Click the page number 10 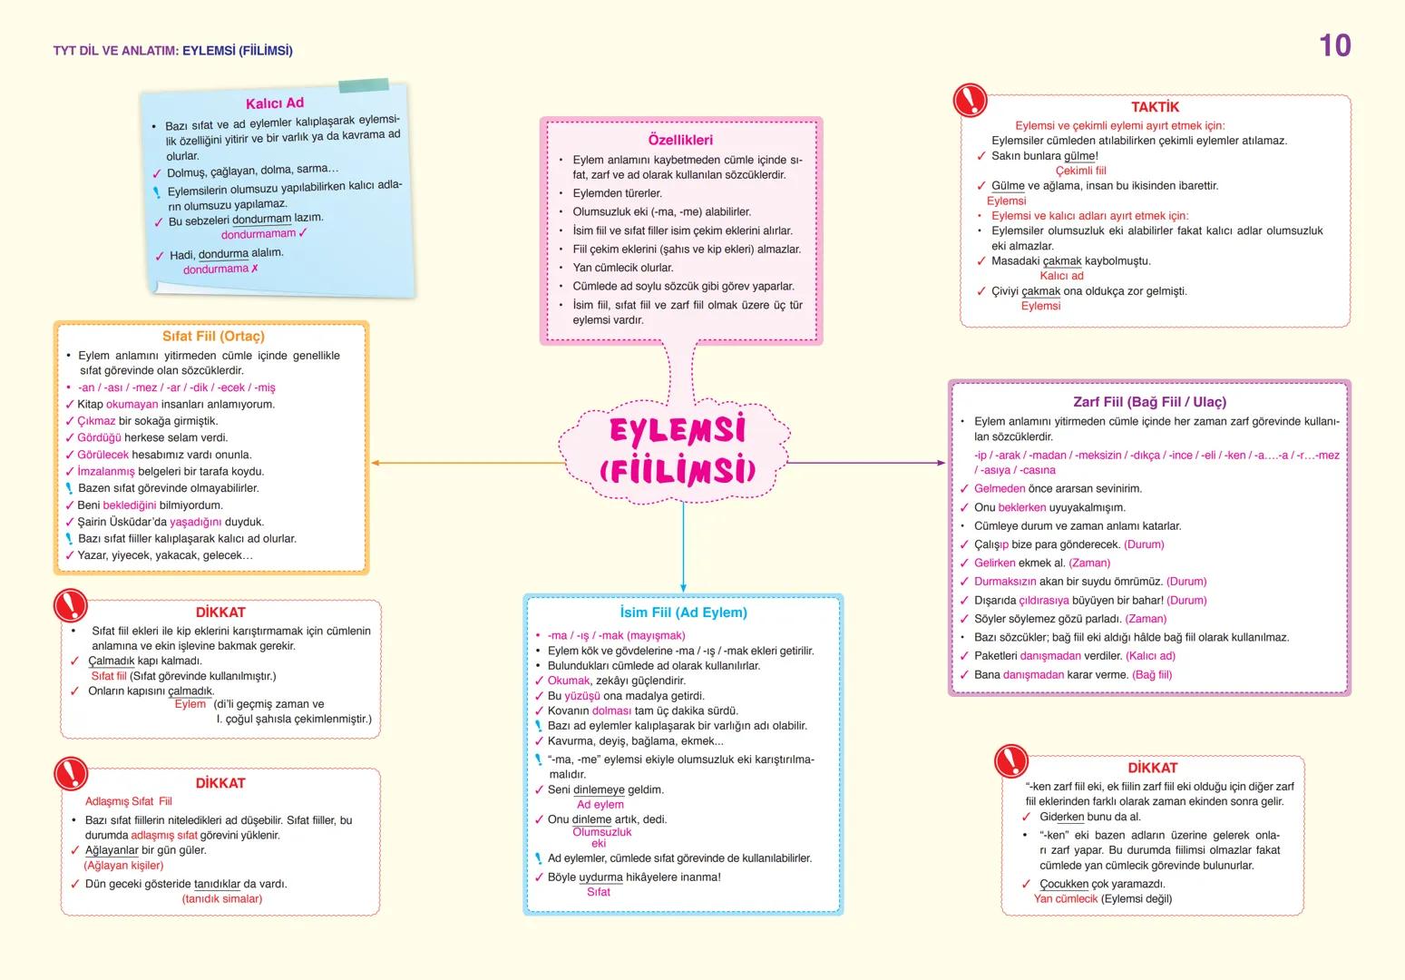coord(1334,45)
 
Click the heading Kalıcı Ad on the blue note coord(274,103)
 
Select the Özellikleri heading coord(680,140)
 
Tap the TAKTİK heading coord(1155,107)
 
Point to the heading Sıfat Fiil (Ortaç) coord(213,336)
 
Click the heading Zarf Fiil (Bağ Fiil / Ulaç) coord(1149,402)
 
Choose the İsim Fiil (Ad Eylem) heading coord(683,612)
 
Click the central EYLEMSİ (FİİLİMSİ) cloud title coord(678,449)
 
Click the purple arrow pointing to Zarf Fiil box coord(866,463)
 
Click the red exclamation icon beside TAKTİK coord(971,99)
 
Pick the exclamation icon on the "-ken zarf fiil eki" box coord(1010,760)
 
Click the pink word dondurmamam coord(259,234)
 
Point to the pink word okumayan coord(132,404)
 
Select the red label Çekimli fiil coord(1080,171)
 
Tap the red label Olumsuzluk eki coord(601,838)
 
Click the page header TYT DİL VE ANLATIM coord(116,51)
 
